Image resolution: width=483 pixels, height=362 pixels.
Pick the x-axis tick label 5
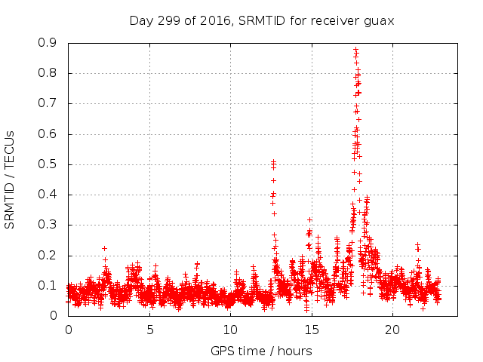(x=149, y=330)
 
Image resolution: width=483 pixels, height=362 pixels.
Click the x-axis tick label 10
(x=230, y=330)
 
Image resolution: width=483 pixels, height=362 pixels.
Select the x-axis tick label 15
(x=311, y=330)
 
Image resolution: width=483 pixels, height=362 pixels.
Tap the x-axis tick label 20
(x=392, y=330)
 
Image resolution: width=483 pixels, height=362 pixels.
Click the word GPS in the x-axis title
(x=222, y=351)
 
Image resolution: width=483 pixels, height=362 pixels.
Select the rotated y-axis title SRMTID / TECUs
(x=11, y=179)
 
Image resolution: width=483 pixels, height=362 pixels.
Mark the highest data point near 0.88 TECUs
(x=355, y=49)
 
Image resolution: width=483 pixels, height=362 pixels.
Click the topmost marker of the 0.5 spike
(x=273, y=161)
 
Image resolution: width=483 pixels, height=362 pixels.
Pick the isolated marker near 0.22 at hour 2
(x=104, y=248)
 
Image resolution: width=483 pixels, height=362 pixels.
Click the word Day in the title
(x=140, y=20)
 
